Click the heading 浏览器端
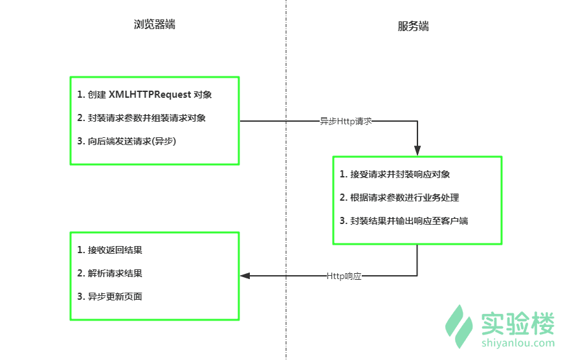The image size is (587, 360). [154, 25]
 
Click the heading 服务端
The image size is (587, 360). [413, 27]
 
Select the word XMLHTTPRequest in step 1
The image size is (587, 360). [150, 95]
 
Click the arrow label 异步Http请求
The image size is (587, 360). [346, 121]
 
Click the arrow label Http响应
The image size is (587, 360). [344, 276]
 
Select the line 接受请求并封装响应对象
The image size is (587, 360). [395, 174]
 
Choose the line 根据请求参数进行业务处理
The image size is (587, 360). [399, 197]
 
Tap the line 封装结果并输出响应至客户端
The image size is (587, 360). [404, 221]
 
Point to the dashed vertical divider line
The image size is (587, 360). [285, 194]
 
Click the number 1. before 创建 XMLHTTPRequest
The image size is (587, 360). [80, 95]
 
